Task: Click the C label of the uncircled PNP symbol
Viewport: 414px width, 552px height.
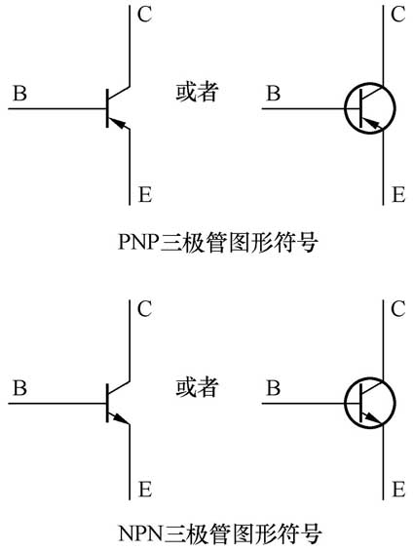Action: pyautogui.click(x=143, y=17)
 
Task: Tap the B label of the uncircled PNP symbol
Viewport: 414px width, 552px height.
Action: pyautogui.click(x=19, y=94)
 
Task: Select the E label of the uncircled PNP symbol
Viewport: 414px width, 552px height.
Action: pyautogui.click(x=144, y=195)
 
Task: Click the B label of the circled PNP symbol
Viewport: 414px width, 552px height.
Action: pyautogui.click(x=274, y=94)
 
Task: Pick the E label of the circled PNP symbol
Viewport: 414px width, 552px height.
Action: pyautogui.click(x=397, y=195)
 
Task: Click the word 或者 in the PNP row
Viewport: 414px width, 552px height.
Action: pyautogui.click(x=196, y=93)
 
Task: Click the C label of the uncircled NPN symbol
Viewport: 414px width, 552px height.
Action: pyautogui.click(x=143, y=310)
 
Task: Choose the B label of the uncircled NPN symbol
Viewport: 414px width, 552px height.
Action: pyautogui.click(x=19, y=388)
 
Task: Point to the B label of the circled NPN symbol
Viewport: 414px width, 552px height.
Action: pyautogui.click(x=274, y=388)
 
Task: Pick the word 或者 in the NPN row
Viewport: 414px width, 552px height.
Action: pyautogui.click(x=196, y=387)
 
